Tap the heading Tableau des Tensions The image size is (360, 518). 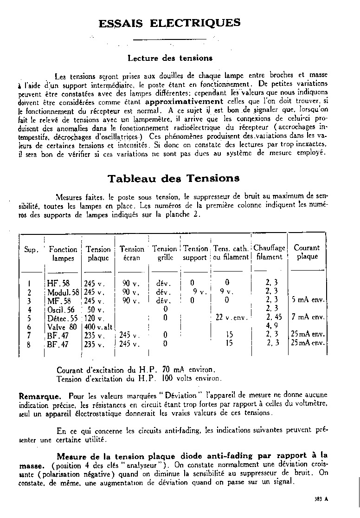click(174, 178)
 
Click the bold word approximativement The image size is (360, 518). click(184, 101)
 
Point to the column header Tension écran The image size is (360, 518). click(132, 253)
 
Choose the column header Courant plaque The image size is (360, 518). click(307, 252)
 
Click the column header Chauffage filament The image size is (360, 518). click(269, 252)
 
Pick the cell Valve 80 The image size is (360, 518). click(62, 326)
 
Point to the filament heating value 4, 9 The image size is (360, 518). click(271, 326)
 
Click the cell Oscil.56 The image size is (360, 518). click(61, 309)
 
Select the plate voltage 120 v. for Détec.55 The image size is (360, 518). click(94, 318)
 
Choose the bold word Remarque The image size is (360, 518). click(40, 397)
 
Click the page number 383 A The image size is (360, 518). click(320, 499)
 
